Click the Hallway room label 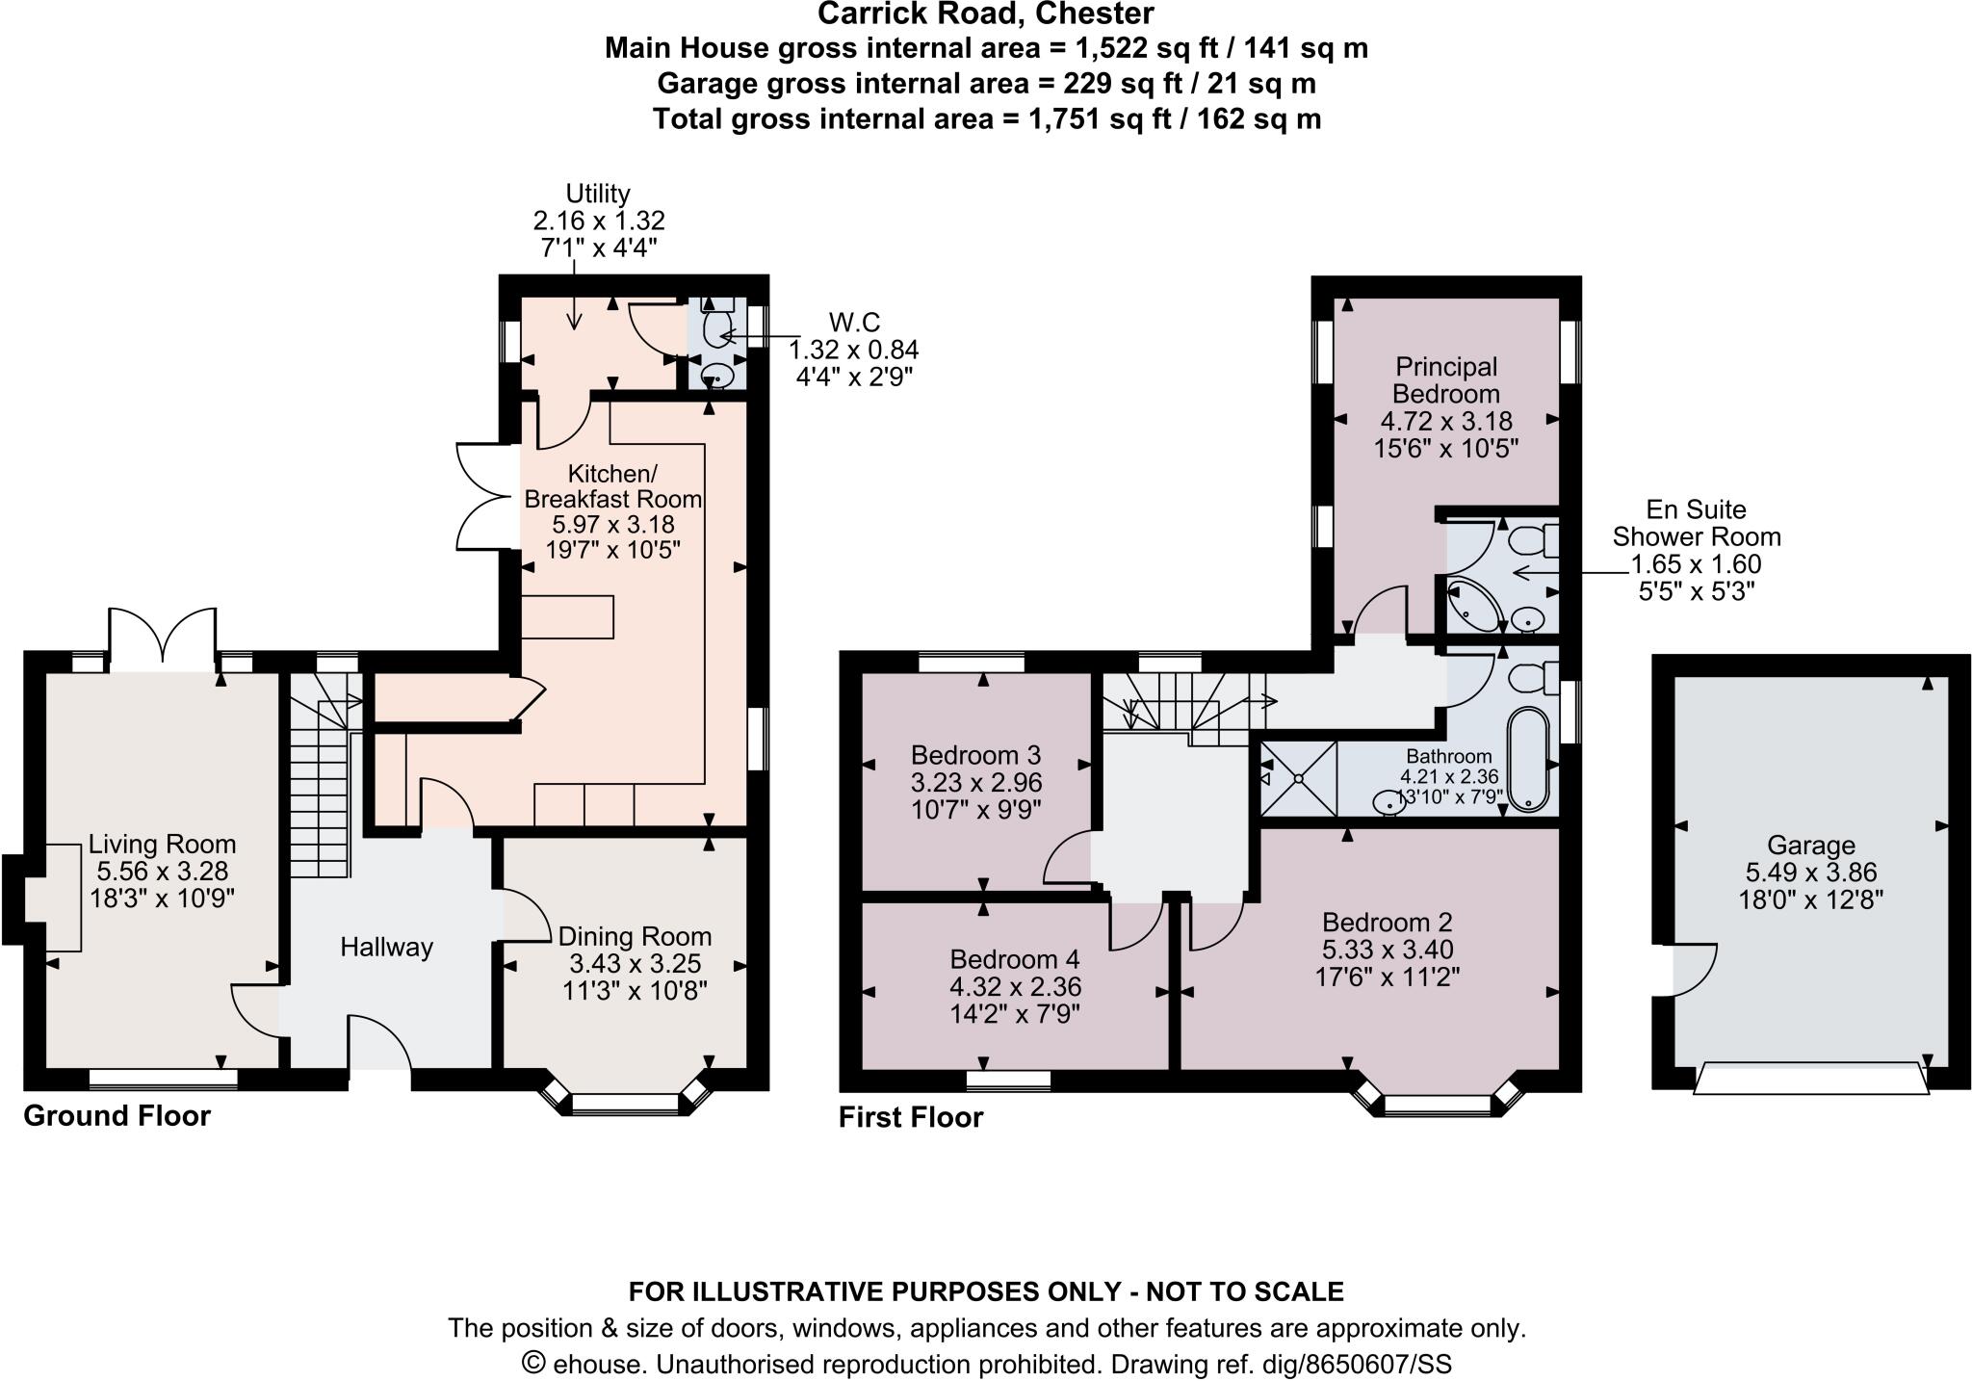pos(386,948)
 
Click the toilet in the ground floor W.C pos(718,328)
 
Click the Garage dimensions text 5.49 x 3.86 pos(1810,873)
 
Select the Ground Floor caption pos(117,1116)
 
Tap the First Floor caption pos(910,1117)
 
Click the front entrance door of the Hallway pos(379,1045)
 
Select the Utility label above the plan pos(597,193)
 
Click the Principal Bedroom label pos(1445,380)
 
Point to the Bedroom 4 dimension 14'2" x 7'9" pos(1015,1013)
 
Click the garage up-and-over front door pos(1810,1079)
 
